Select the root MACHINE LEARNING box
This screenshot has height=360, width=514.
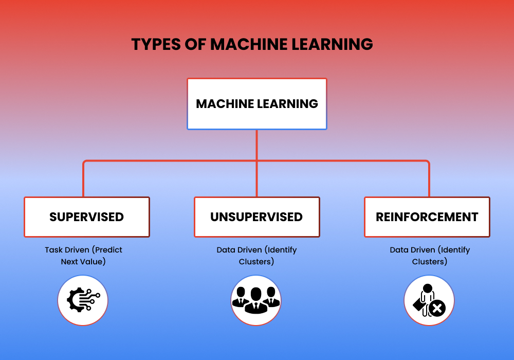257,104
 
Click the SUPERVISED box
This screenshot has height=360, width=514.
87,217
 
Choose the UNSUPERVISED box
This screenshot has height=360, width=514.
257,217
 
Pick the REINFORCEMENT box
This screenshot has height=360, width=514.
427,217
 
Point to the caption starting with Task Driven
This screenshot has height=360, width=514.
83,256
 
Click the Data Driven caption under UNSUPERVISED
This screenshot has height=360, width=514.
256,256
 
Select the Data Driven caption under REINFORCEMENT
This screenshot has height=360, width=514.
430,256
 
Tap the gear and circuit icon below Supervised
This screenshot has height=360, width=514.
83,300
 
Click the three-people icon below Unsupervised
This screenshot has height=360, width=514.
256,300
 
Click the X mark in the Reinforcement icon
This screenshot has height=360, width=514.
437,309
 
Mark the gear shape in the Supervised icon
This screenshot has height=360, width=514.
76,300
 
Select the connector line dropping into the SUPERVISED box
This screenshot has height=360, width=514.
84,180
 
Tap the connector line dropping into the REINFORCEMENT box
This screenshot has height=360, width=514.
429,180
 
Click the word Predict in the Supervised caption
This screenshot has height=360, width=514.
108,250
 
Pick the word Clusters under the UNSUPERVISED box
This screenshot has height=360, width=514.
256,261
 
